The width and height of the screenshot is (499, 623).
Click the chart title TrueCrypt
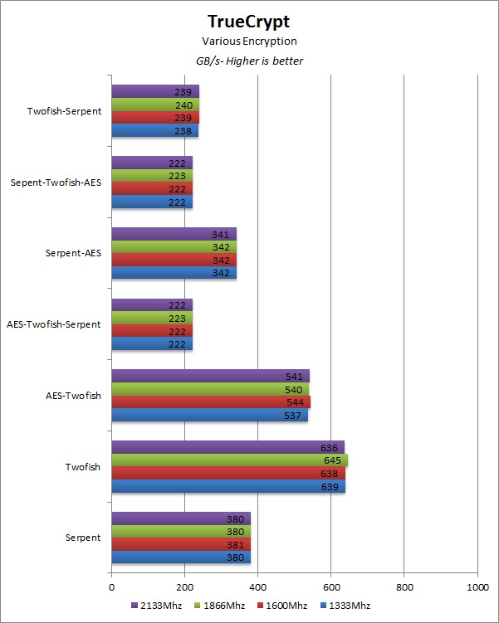click(249, 22)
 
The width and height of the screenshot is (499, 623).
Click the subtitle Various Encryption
click(249, 41)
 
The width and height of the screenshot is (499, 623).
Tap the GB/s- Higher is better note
click(249, 61)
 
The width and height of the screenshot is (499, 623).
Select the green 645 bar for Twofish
click(229, 460)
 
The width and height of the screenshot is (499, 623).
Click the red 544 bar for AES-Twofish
click(211, 402)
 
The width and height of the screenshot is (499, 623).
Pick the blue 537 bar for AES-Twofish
click(209, 415)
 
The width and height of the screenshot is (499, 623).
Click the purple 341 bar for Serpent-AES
click(174, 234)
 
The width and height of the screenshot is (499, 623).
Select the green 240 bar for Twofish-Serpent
click(155, 105)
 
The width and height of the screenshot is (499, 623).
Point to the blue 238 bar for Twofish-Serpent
click(154, 130)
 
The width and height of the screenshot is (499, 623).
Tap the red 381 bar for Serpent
click(181, 544)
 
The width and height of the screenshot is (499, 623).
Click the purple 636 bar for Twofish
click(227, 447)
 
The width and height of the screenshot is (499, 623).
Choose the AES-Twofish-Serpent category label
click(53, 324)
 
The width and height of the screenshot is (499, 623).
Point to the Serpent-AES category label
click(74, 253)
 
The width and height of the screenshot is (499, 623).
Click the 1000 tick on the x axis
click(477, 587)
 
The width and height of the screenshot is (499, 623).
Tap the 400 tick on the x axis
click(257, 587)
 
